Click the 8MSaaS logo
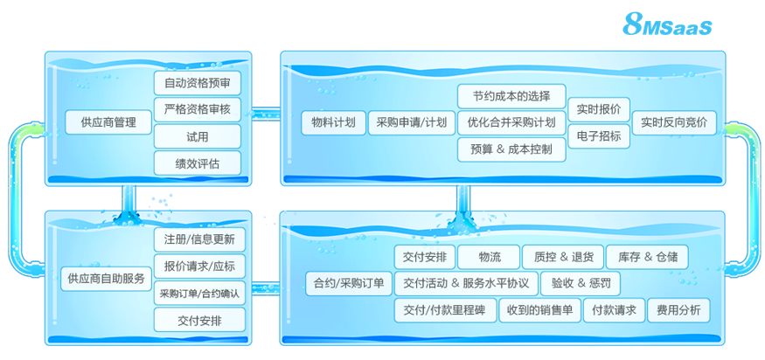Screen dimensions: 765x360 tap(667, 24)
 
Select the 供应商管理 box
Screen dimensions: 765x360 tap(108, 122)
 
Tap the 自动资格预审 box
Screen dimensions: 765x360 tap(198, 83)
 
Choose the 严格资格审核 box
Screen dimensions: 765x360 tap(198, 110)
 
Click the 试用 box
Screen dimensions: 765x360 tap(198, 136)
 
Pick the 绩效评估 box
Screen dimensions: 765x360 tap(198, 163)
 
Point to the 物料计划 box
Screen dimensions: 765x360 tap(334, 123)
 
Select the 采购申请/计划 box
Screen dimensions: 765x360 tap(412, 123)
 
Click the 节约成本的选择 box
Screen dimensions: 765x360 tap(511, 96)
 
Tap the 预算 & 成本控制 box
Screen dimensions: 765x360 tap(511, 149)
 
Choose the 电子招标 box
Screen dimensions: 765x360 tap(599, 136)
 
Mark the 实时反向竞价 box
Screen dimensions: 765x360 tap(674, 123)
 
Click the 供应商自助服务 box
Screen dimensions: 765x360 tap(107, 279)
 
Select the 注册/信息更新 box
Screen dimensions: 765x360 tap(199, 239)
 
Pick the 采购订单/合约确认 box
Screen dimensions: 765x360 tap(199, 293)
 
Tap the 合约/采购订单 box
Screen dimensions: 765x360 tap(349, 283)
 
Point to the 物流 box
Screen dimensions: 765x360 tap(489, 257)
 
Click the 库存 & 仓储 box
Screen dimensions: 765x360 tap(647, 257)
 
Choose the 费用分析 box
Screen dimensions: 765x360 tap(678, 310)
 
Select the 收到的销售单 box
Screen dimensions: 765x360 tap(540, 310)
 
